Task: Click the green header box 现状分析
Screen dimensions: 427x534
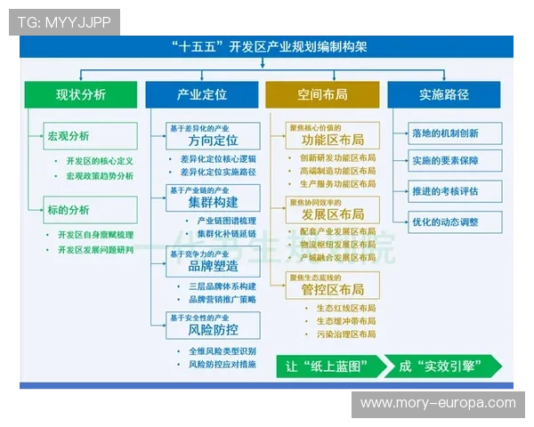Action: click(80, 94)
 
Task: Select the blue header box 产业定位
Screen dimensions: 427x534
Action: click(202, 94)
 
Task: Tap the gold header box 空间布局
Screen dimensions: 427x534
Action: click(322, 94)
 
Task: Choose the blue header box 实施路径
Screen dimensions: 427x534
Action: click(444, 94)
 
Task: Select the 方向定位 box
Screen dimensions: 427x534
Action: click(213, 136)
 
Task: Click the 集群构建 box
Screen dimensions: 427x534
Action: click(213, 197)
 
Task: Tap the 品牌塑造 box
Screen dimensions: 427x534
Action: click(213, 262)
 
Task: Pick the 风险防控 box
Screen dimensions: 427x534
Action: click(213, 326)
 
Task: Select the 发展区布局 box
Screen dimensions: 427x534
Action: click(332, 209)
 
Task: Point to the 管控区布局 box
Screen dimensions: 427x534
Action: click(332, 285)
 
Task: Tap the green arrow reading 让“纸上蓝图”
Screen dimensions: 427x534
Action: click(328, 367)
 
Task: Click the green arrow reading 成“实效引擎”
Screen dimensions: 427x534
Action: click(439, 367)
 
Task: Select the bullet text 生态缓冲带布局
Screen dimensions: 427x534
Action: click(344, 321)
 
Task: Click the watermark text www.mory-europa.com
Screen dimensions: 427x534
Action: click(438, 403)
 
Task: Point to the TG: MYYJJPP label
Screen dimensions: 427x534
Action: click(64, 22)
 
